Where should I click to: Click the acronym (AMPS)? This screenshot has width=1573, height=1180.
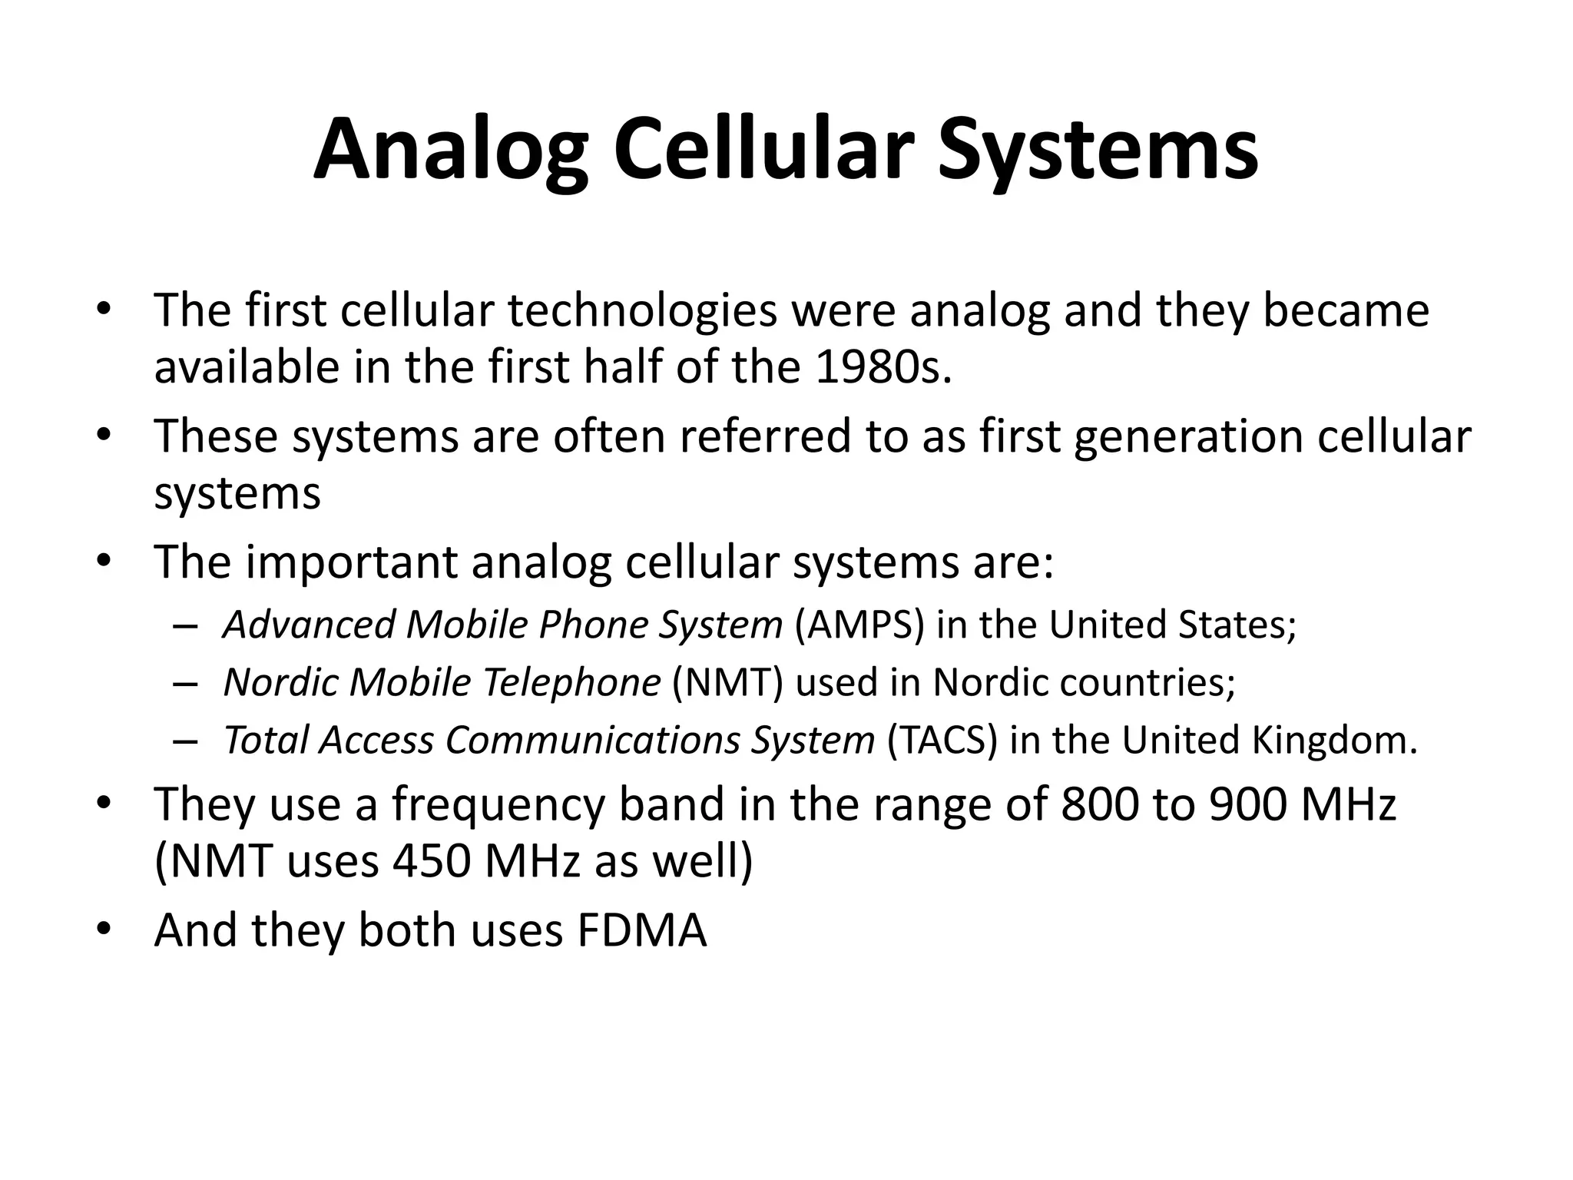(859, 624)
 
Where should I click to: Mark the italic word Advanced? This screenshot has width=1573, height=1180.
(309, 624)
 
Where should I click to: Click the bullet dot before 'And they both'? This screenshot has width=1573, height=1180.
(104, 930)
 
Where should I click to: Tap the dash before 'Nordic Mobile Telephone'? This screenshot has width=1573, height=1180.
(185, 683)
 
